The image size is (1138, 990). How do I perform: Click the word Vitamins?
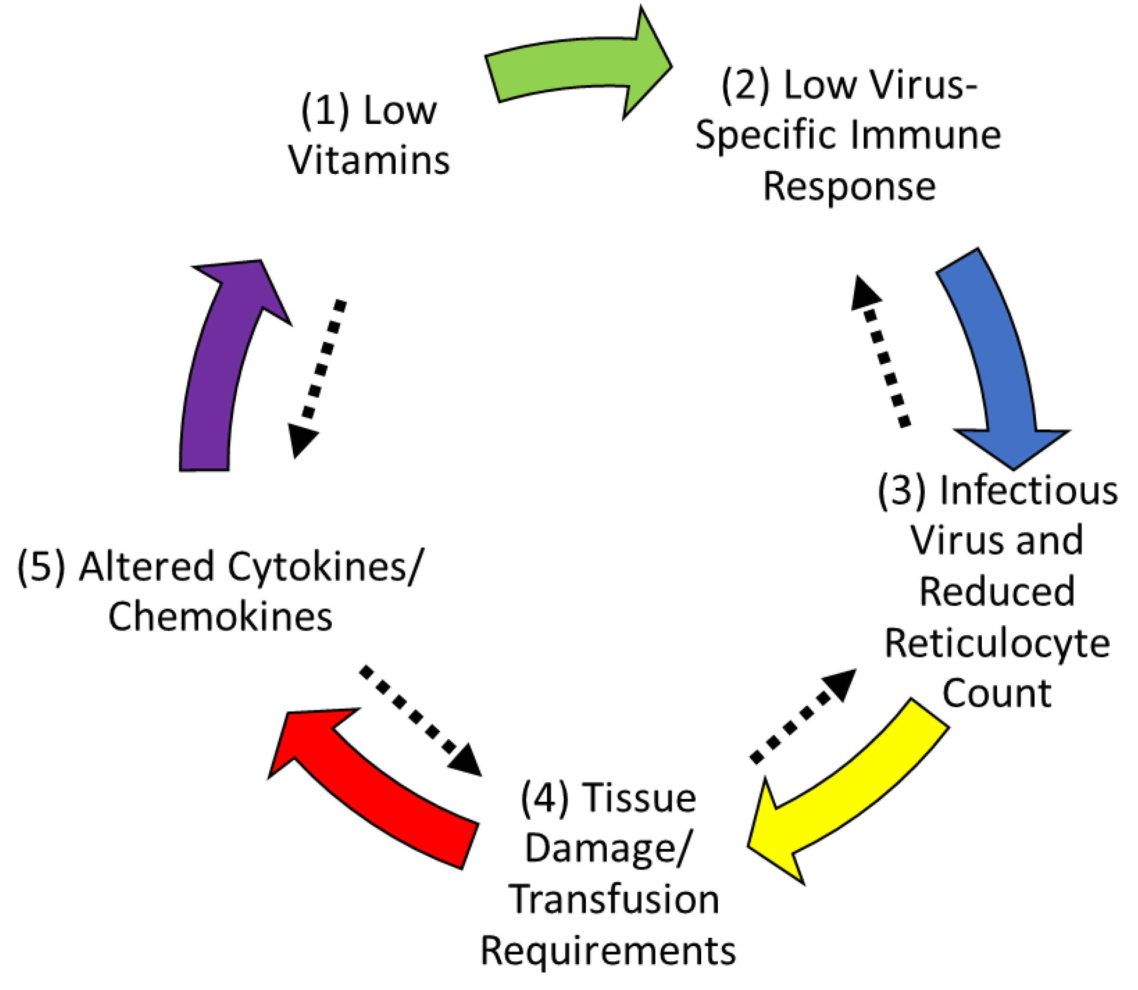(x=369, y=161)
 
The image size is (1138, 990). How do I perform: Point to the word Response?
(x=849, y=187)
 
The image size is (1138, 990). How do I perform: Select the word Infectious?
(x=1029, y=491)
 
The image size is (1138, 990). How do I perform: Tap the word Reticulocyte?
(x=997, y=644)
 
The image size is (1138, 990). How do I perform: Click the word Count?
(x=997, y=694)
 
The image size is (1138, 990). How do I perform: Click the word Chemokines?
(x=220, y=616)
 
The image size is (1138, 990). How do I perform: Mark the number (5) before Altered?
(x=41, y=567)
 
